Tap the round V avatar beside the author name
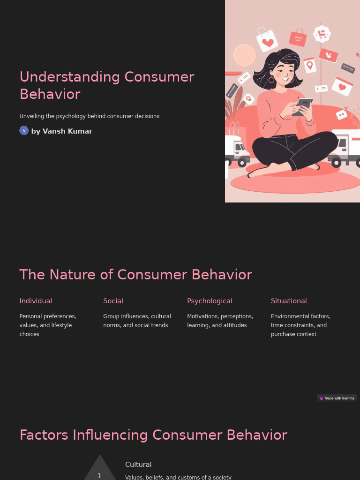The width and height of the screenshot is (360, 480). pos(24,131)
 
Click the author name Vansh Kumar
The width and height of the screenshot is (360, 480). pos(67,131)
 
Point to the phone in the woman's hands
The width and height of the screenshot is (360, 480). pos(302,106)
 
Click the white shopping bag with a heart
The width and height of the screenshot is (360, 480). pos(267,41)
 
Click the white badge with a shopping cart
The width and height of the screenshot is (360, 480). pos(322,34)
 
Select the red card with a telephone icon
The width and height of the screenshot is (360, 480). pos(329,55)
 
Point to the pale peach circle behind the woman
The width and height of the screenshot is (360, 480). pos(244,55)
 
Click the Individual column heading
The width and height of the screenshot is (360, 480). pos(36,301)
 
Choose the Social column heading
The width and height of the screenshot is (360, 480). pos(113,301)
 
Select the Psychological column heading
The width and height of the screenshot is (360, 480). pos(210,301)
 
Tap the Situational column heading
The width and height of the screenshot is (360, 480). pos(289,301)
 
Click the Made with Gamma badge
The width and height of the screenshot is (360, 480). pos(337,398)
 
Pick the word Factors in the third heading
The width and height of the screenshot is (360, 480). pos(44,435)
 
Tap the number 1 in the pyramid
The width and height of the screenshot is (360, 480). pos(99,475)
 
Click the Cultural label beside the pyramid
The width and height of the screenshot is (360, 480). pos(138,465)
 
